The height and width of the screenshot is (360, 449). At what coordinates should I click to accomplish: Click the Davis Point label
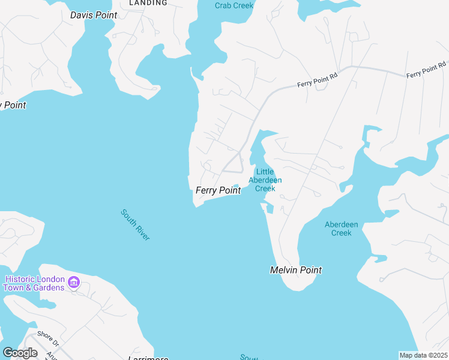point(93,15)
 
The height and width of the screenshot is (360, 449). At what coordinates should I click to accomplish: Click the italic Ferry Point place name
point(218,190)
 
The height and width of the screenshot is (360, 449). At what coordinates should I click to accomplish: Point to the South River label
point(135,224)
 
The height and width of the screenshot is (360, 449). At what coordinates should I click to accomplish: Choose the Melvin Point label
point(295,270)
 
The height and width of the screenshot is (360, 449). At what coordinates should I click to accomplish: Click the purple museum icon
point(74,282)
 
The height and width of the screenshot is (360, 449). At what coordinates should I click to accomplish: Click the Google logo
point(20,352)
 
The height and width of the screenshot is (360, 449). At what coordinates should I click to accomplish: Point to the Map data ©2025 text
point(423,355)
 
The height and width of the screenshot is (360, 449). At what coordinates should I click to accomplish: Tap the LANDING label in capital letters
point(148,3)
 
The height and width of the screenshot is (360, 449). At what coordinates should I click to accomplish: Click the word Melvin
point(284,270)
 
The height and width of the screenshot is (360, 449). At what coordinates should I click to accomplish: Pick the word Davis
point(82,15)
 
